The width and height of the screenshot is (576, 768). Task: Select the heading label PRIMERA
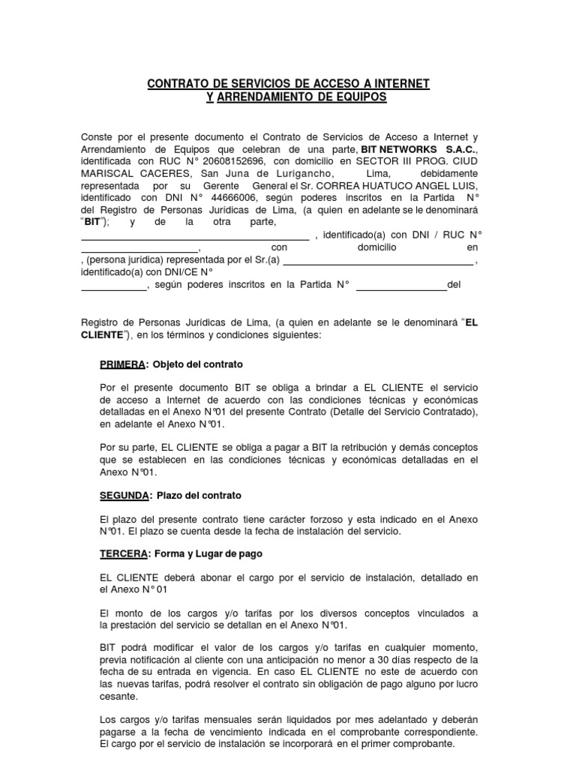click(122, 364)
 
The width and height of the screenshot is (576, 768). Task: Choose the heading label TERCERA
click(122, 554)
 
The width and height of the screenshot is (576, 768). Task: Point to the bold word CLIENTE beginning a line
click(102, 334)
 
